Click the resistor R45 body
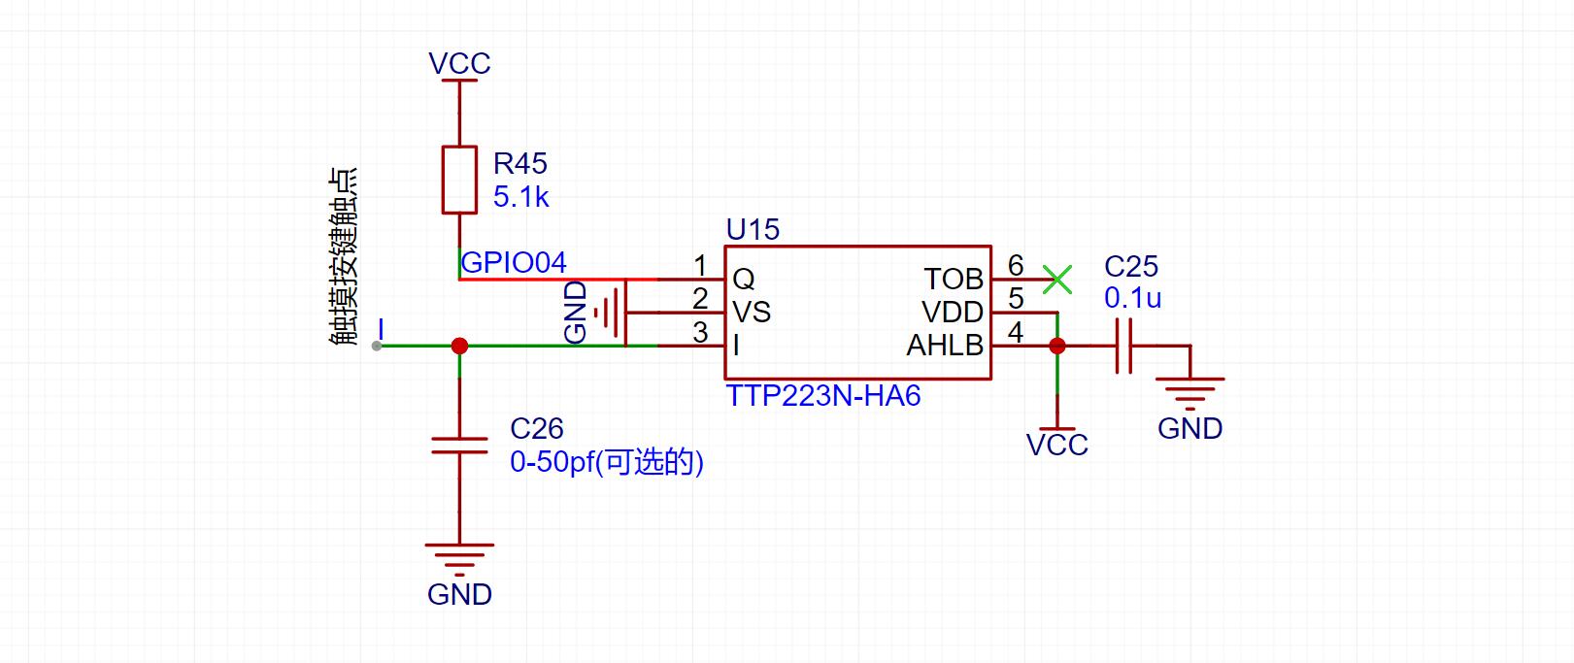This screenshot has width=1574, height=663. pyautogui.click(x=459, y=180)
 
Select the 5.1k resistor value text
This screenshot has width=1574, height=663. pyautogui.click(x=520, y=197)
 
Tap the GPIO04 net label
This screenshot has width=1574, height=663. pyautogui.click(x=513, y=263)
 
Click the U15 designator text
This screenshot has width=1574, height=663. pyautogui.click(x=753, y=230)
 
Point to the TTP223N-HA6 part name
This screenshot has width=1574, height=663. pyautogui.click(x=822, y=396)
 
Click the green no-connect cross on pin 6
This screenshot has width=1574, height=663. pyautogui.click(x=1056, y=280)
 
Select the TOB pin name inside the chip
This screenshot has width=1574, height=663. pyautogui.click(x=953, y=280)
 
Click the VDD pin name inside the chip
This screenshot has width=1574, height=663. pyautogui.click(x=953, y=313)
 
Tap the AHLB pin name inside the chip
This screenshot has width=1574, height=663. pyautogui.click(x=945, y=346)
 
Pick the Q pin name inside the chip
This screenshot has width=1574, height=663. pyautogui.click(x=744, y=280)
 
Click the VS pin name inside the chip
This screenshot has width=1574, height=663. pyautogui.click(x=752, y=313)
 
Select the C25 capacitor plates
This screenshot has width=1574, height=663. pyautogui.click(x=1123, y=346)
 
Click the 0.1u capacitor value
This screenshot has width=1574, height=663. pyautogui.click(x=1133, y=298)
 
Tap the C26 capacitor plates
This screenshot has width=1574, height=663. pyautogui.click(x=459, y=446)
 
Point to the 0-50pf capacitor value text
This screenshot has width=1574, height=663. pyautogui.click(x=607, y=463)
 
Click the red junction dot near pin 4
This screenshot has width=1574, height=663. pyautogui.click(x=1056, y=346)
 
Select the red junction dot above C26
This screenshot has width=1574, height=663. pyautogui.click(x=459, y=346)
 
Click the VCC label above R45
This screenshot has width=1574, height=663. pyautogui.click(x=459, y=64)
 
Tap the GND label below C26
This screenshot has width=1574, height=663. pyautogui.click(x=459, y=595)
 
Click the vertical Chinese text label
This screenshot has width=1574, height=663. pyautogui.click(x=344, y=256)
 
